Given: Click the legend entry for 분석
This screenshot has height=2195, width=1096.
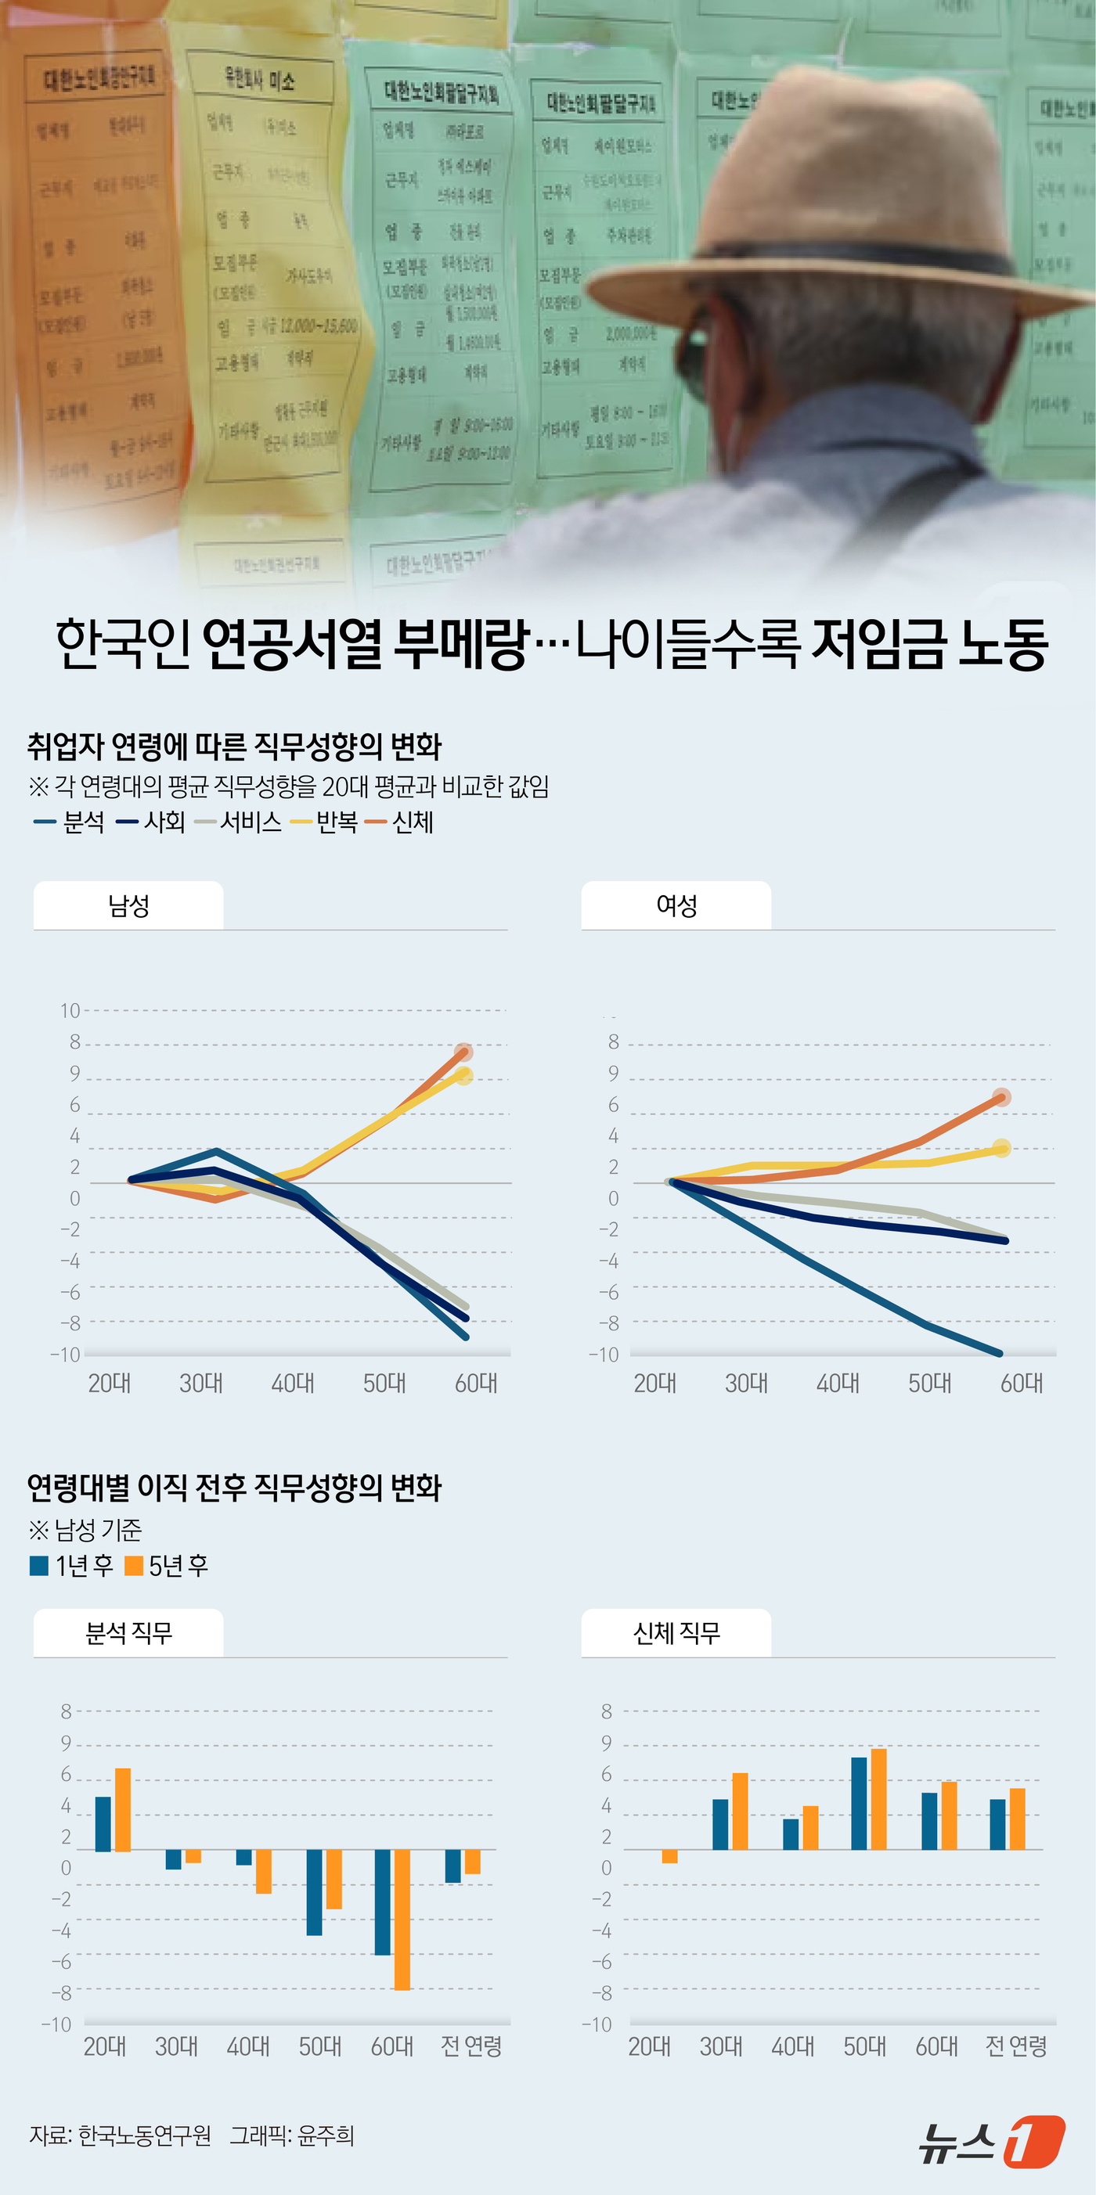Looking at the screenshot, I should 70,822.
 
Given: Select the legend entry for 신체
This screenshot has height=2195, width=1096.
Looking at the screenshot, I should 400,822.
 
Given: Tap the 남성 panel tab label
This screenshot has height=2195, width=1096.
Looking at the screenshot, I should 128,905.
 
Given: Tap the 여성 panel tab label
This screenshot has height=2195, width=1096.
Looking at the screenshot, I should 676,905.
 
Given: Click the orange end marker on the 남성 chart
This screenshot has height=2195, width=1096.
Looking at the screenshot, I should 463,1053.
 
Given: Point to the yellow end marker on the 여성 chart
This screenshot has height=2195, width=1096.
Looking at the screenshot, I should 1001,1149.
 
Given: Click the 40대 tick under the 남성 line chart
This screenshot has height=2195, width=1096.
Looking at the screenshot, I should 292,1383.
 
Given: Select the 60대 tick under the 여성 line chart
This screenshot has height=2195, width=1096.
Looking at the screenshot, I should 1021,1383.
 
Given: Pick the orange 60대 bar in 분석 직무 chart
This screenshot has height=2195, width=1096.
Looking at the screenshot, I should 402,1919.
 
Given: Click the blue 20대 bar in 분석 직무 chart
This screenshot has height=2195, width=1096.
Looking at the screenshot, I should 103,1823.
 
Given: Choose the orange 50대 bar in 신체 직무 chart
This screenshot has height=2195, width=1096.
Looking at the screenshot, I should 878,1799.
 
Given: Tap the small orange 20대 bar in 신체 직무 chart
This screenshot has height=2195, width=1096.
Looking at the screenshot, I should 670,1856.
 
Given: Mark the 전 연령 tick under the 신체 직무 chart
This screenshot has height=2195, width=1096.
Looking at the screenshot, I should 1016,2046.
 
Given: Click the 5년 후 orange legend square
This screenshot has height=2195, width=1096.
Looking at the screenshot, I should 134,1565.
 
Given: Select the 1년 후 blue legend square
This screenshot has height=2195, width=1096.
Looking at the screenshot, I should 39,1565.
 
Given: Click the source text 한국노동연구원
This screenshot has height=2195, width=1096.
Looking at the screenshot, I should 144,2136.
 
